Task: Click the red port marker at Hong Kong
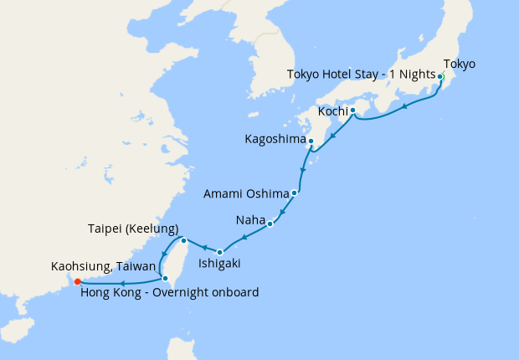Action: click(x=77, y=281)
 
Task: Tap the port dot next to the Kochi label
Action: click(x=352, y=111)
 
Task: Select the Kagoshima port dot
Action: click(x=311, y=141)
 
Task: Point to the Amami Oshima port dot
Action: click(x=294, y=193)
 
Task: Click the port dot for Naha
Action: click(x=270, y=224)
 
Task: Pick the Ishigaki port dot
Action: click(x=219, y=252)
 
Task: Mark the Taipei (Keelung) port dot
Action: click(x=183, y=241)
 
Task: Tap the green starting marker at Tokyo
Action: click(x=440, y=76)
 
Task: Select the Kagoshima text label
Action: click(x=275, y=139)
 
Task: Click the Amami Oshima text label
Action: click(x=246, y=193)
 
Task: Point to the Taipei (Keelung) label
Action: click(x=133, y=229)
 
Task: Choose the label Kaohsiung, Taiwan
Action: click(x=103, y=266)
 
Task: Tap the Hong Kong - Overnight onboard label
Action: click(x=169, y=292)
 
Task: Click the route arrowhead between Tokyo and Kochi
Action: click(x=405, y=106)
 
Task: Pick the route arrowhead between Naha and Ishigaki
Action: click(x=244, y=238)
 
